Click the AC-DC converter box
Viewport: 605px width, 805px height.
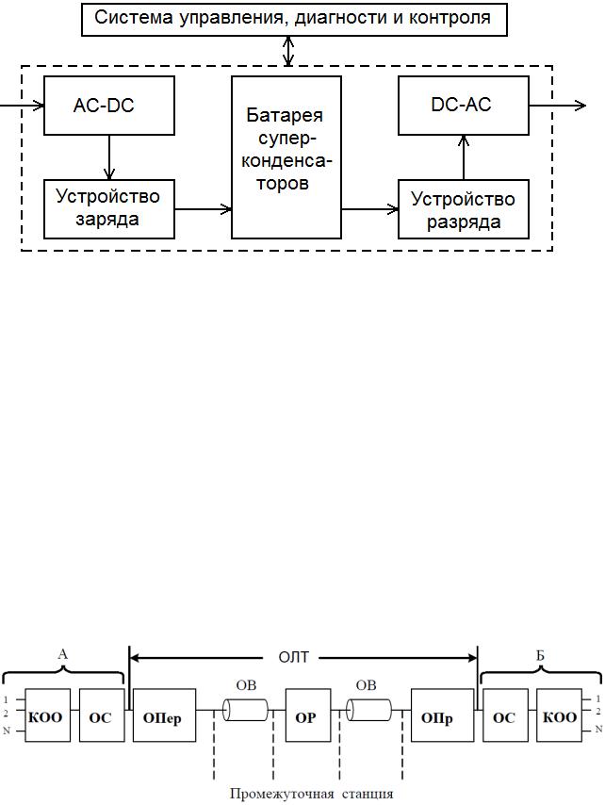pyautogui.click(x=108, y=106)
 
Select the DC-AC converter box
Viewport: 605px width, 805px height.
pyautogui.click(x=464, y=106)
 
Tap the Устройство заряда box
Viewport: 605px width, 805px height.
pyautogui.click(x=108, y=209)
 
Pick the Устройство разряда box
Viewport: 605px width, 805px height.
pyautogui.click(x=464, y=209)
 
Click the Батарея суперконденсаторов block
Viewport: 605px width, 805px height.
pyautogui.click(x=286, y=157)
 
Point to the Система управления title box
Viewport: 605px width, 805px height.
pyautogui.click(x=295, y=19)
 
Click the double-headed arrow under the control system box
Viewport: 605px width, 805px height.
pyautogui.click(x=288, y=51)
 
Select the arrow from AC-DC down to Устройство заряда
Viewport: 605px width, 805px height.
pyautogui.click(x=108, y=157)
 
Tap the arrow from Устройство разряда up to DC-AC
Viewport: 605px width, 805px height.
pyautogui.click(x=464, y=157)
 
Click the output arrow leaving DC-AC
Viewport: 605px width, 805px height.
pyautogui.click(x=557, y=106)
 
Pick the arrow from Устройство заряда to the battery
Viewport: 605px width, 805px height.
pyautogui.click(x=204, y=209)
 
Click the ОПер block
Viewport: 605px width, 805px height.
pyautogui.click(x=164, y=715)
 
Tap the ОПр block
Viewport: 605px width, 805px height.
pyautogui.click(x=442, y=715)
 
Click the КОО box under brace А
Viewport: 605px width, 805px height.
pyautogui.click(x=48, y=715)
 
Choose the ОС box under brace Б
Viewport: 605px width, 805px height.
pyautogui.click(x=505, y=715)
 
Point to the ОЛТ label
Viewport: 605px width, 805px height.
pyautogui.click(x=293, y=657)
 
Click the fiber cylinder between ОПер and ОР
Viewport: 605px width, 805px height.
pyautogui.click(x=246, y=710)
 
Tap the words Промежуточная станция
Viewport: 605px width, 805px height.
pyautogui.click(x=312, y=794)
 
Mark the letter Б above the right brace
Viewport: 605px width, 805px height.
pyautogui.click(x=540, y=656)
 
